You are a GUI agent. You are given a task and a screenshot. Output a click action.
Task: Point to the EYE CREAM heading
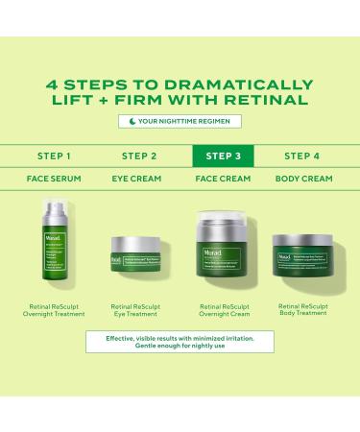140,178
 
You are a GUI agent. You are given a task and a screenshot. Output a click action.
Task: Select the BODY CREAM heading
304,178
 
